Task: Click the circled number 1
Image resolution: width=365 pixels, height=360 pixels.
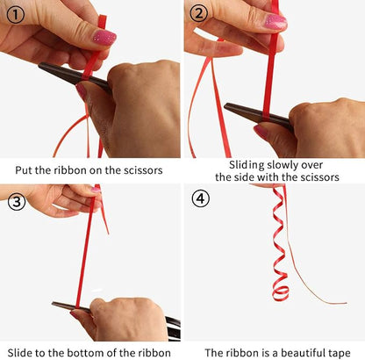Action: [15, 15]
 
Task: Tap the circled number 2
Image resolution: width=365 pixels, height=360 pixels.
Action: [198, 13]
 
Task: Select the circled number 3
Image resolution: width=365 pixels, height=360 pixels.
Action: [17, 202]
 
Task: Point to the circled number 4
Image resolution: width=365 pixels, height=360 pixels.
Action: [201, 198]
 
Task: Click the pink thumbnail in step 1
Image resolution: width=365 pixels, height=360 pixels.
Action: [104, 37]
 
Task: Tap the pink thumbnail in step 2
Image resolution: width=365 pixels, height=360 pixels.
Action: [276, 21]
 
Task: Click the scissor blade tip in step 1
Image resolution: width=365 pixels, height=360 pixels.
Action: [39, 66]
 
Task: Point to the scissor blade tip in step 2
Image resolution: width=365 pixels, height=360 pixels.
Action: [225, 106]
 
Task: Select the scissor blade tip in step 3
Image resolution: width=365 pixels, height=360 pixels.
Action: [53, 304]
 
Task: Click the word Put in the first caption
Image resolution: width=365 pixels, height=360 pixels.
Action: [24, 170]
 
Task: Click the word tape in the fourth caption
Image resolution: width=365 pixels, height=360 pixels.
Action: [339, 353]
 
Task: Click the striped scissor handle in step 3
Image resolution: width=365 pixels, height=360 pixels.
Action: [173, 328]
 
